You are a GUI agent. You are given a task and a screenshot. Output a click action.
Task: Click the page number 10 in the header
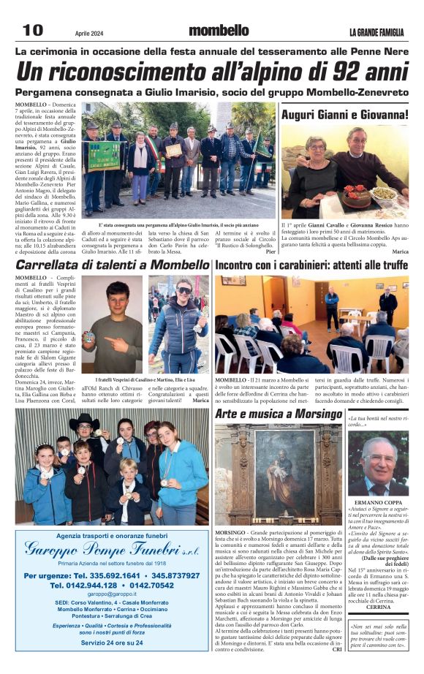(33, 30)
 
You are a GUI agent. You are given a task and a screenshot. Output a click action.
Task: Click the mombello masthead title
(219, 31)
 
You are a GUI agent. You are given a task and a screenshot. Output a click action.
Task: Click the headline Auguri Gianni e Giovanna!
(345, 115)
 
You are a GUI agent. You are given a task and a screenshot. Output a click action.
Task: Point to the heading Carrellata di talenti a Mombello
(112, 265)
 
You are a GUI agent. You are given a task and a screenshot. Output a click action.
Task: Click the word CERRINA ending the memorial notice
(378, 607)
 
